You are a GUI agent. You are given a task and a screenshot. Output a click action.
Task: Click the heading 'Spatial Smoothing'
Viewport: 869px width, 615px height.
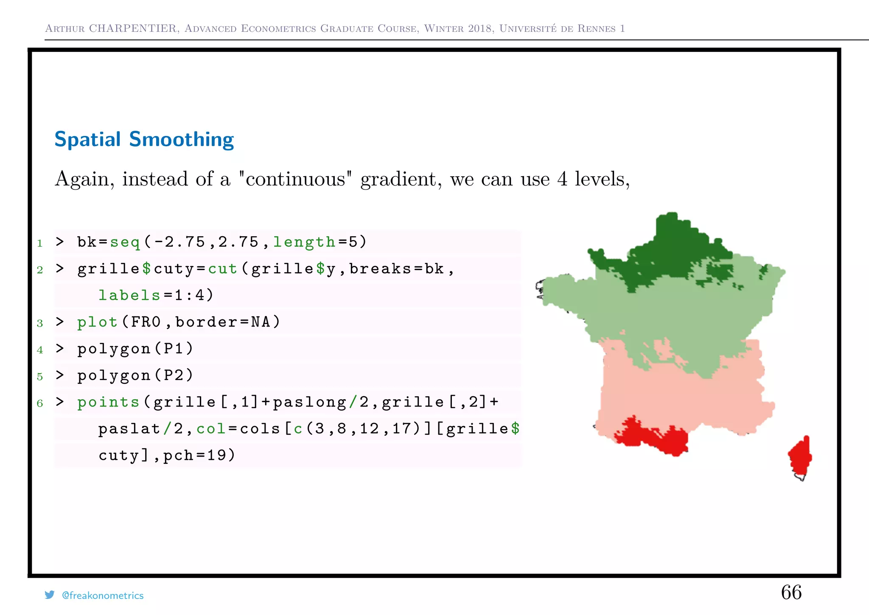(x=144, y=139)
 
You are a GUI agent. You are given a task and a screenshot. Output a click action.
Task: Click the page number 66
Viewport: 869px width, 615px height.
(x=791, y=592)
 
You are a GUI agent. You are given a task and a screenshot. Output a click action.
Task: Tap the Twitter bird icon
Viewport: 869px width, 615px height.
(x=50, y=595)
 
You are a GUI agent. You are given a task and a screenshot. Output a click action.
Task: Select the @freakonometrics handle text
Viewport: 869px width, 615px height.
(x=103, y=595)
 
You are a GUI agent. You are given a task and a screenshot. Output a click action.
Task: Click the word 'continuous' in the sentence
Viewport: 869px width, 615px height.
(x=295, y=179)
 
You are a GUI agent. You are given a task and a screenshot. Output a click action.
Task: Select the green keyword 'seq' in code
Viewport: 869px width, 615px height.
(x=125, y=242)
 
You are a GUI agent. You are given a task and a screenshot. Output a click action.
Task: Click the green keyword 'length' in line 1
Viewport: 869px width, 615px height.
(x=304, y=242)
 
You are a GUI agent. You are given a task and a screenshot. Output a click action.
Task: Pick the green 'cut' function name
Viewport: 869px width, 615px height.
(x=222, y=269)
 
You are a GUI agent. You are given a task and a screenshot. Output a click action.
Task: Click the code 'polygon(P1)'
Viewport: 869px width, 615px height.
(x=135, y=349)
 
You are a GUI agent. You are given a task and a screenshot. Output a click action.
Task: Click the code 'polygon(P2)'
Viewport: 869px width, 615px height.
(x=135, y=375)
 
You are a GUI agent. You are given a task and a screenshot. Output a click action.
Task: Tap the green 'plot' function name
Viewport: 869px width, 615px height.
(x=97, y=322)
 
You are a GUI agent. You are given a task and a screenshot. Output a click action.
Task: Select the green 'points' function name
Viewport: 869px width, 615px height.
(x=108, y=402)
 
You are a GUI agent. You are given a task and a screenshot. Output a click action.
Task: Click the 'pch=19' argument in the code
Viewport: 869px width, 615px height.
(x=199, y=455)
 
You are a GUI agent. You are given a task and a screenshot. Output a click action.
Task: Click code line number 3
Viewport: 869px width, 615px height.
(x=40, y=323)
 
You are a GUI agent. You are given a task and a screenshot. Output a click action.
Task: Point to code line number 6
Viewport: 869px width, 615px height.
(x=40, y=403)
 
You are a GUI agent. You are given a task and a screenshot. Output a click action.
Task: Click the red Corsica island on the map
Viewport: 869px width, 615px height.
(x=800, y=457)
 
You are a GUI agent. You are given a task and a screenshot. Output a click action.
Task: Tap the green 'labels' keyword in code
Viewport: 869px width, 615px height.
(x=129, y=295)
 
